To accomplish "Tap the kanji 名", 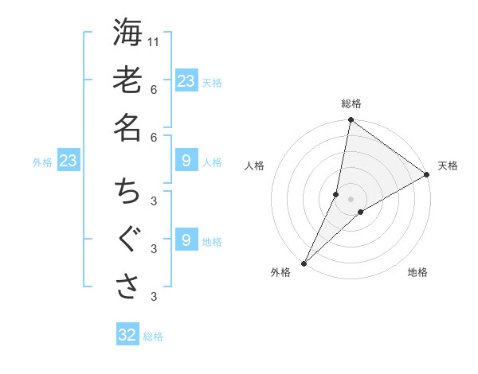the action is [x=127, y=127].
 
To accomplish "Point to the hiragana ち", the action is [x=127, y=192].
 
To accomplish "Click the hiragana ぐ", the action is [x=127, y=240].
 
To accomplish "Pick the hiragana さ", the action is [x=127, y=287].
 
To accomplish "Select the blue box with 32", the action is [x=127, y=335].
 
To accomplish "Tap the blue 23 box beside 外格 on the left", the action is [x=68, y=161].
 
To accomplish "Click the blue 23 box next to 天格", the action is [x=186, y=81].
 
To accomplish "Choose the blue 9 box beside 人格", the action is [x=186, y=162].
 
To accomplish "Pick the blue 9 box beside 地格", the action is [x=186, y=240].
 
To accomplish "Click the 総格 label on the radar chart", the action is [x=351, y=103].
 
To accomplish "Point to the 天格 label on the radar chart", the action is [x=448, y=166].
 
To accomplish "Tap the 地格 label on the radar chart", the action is [x=417, y=272].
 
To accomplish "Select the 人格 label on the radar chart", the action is [x=255, y=166].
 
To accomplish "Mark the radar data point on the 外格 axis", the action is [x=304, y=263].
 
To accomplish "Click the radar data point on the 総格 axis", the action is [x=351, y=121].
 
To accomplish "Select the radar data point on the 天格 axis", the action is [x=427, y=174].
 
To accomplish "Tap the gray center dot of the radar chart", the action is [x=351, y=199].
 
